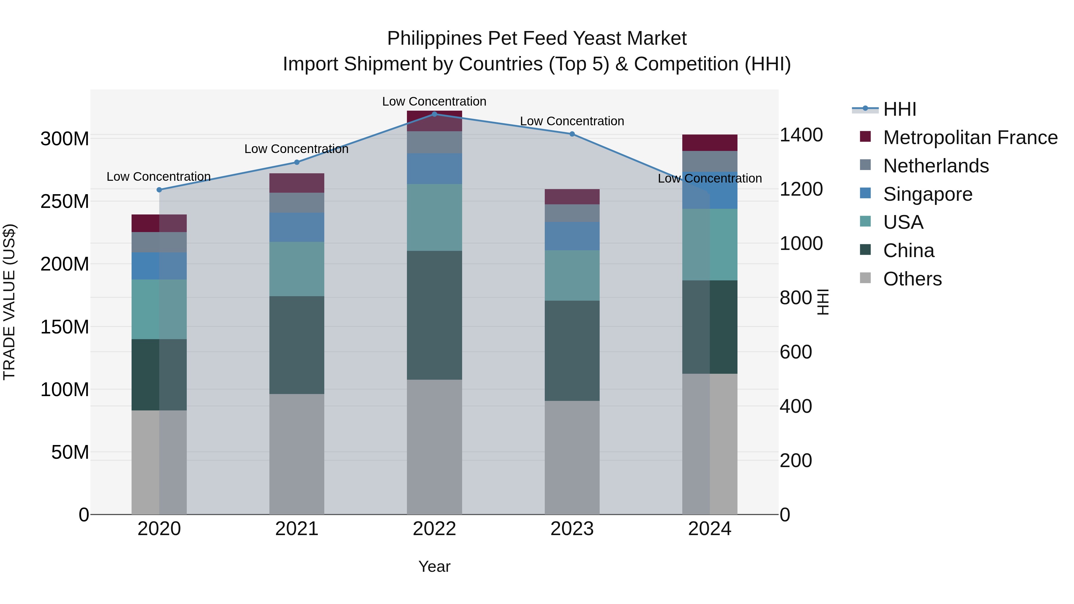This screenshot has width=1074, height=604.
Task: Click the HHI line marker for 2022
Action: [x=434, y=114]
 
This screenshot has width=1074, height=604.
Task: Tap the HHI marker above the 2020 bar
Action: [x=159, y=190]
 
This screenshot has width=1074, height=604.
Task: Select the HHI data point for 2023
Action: [x=572, y=134]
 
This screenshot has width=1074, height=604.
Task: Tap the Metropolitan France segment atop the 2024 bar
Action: [x=710, y=143]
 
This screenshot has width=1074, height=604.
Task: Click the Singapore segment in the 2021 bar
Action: [x=297, y=227]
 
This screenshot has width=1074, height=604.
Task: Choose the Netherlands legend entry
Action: [x=936, y=166]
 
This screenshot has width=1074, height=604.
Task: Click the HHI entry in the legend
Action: [x=900, y=109]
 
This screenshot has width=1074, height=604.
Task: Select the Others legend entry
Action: [x=912, y=279]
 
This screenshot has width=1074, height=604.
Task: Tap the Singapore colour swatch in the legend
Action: [x=865, y=193]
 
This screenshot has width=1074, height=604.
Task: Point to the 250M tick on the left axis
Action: [x=65, y=201]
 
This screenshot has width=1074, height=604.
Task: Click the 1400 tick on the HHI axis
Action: [x=801, y=135]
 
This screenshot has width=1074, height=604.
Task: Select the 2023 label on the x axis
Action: [x=572, y=529]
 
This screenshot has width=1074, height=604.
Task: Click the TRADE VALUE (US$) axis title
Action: [x=9, y=302]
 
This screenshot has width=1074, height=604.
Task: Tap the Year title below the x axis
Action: [x=434, y=566]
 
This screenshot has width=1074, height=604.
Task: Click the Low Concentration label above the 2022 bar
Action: [x=434, y=101]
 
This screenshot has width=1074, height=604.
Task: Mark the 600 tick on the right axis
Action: [x=795, y=352]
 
